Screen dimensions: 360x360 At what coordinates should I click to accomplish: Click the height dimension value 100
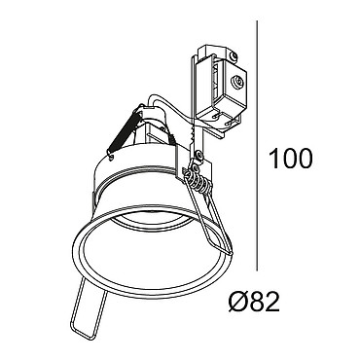coord(291,159)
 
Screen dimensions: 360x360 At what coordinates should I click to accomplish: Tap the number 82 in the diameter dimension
coord(265,302)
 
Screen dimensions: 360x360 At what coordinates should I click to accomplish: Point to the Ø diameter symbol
coord(239,302)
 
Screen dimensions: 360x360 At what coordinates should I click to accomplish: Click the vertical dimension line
coord(257,146)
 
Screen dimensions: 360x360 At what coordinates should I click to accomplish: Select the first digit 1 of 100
coord(275,159)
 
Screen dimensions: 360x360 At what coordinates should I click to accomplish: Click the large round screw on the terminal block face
coord(238,81)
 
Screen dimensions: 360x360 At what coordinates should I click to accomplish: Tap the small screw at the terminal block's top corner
coord(234,55)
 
